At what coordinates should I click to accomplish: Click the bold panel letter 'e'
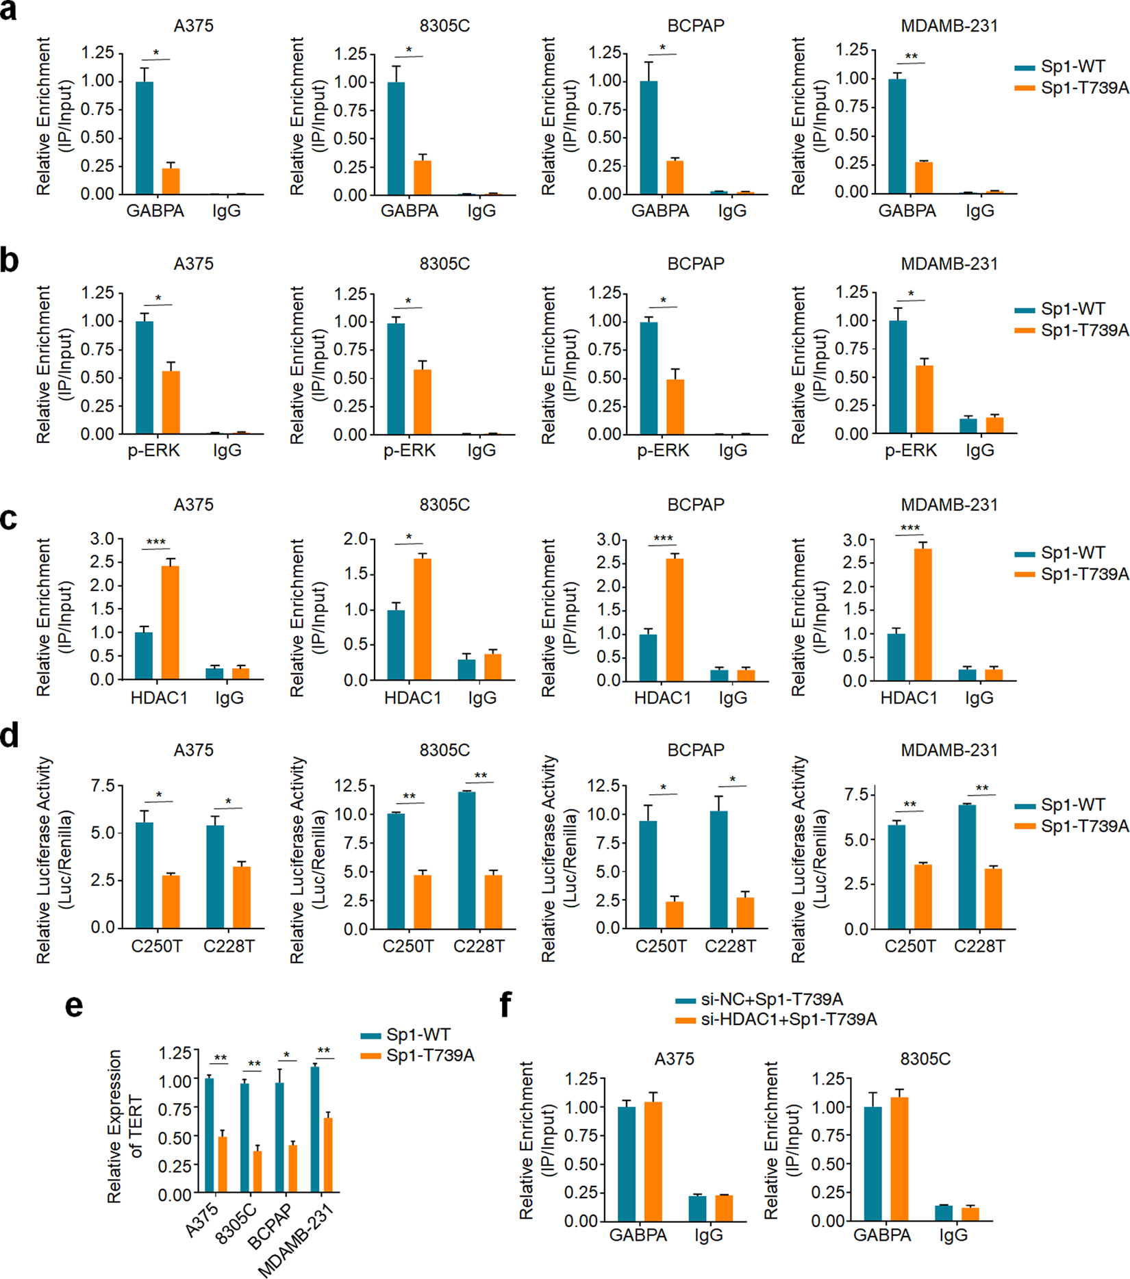coord(74,1006)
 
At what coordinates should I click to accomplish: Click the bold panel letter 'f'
coord(505,1004)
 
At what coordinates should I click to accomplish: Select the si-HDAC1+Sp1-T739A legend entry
coord(788,1020)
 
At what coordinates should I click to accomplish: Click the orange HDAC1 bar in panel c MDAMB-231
coord(922,614)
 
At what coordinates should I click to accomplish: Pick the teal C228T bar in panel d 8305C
coord(466,860)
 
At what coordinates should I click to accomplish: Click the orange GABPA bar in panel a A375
coord(171,181)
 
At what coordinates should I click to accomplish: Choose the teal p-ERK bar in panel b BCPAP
coord(648,378)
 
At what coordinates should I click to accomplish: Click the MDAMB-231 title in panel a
coord(949,26)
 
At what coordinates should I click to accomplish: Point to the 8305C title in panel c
coord(444,505)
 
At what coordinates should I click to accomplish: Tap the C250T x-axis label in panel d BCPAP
coord(661,946)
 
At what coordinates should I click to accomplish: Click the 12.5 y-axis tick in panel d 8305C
coord(349,785)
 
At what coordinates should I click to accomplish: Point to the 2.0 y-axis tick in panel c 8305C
coord(355,540)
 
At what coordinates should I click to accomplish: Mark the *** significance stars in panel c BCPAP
coord(663,539)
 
